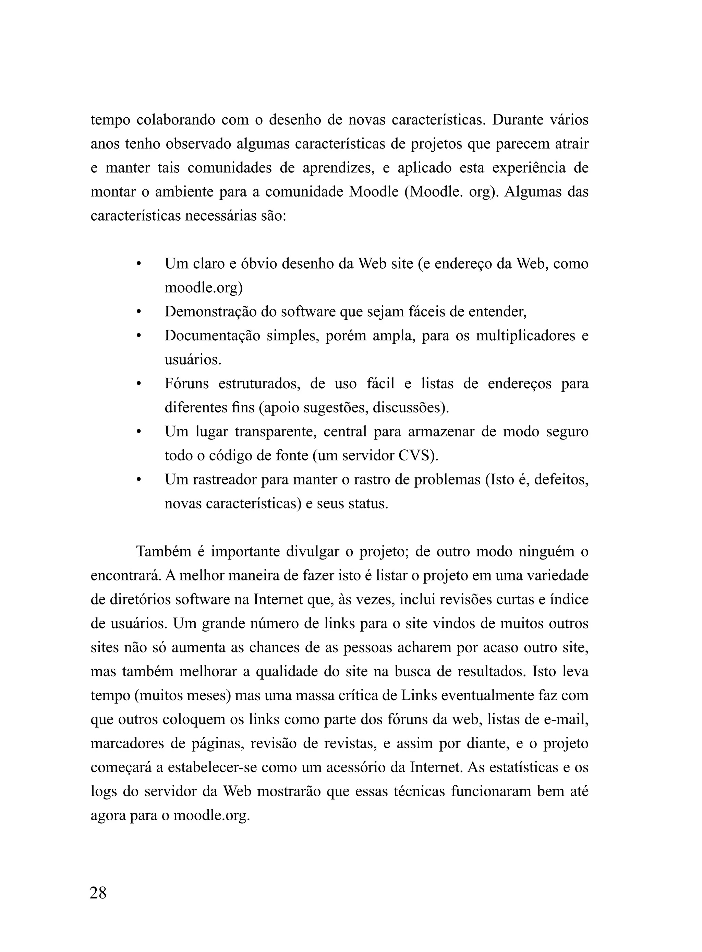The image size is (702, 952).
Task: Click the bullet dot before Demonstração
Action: [x=138, y=312]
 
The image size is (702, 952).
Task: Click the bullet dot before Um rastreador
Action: [x=138, y=480]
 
